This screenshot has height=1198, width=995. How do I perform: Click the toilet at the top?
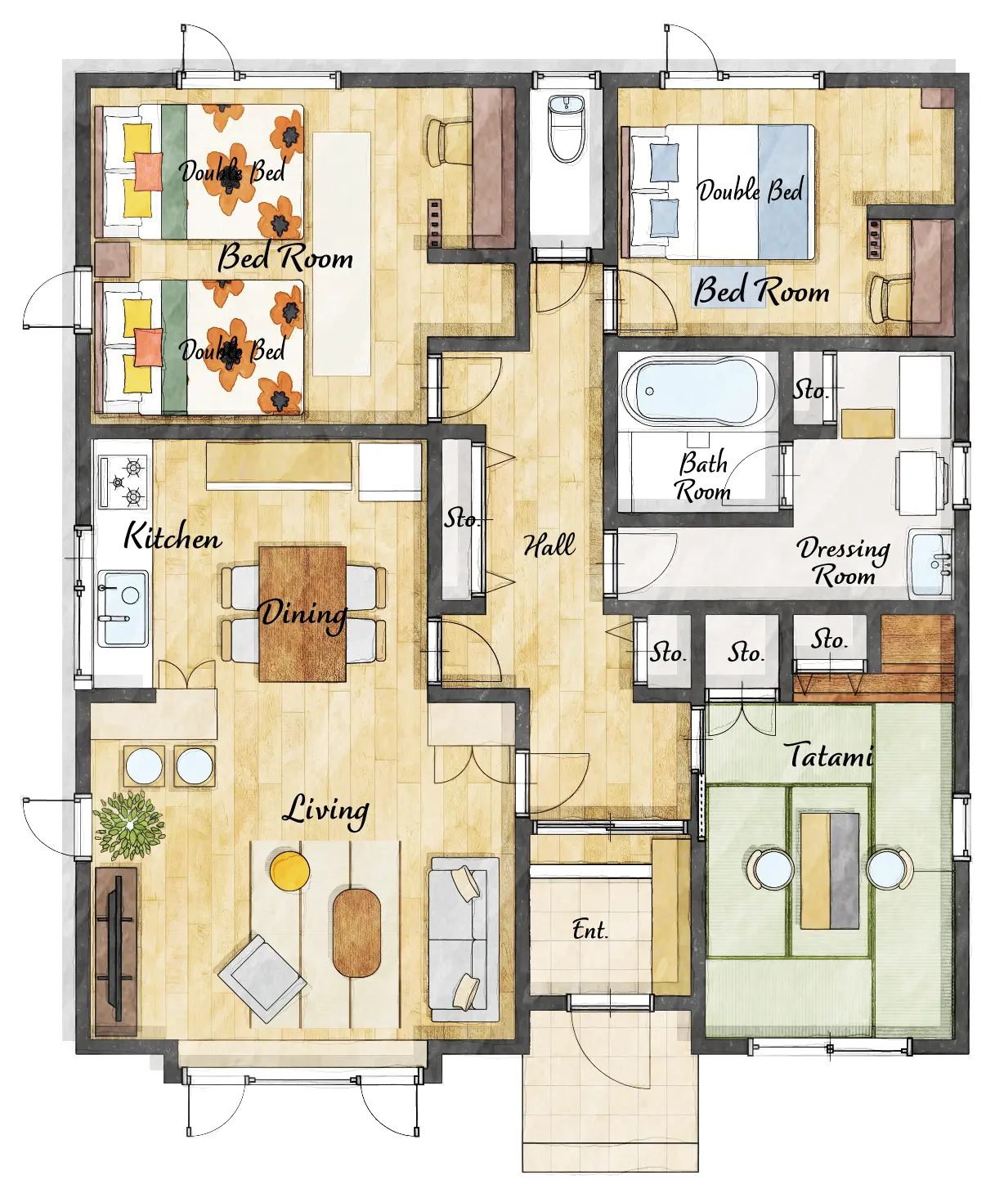[x=567, y=128]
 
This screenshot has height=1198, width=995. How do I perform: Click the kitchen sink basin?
[x=123, y=608]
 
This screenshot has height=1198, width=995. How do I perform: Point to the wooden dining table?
[x=303, y=614]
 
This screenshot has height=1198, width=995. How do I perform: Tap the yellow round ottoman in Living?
[x=289, y=871]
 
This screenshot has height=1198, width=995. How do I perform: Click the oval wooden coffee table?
[x=356, y=933]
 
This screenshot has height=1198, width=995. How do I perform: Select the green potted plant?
[x=130, y=825]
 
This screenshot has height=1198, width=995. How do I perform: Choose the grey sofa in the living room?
[x=464, y=940]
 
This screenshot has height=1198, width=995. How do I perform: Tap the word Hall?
[x=549, y=545]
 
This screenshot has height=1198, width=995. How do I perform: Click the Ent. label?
[x=589, y=930]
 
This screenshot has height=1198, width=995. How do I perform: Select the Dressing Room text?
[x=844, y=562]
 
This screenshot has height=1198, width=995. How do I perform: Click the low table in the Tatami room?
[x=830, y=871]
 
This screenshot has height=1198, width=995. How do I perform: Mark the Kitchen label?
[x=173, y=536]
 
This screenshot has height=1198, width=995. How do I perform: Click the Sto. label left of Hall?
[x=461, y=518]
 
